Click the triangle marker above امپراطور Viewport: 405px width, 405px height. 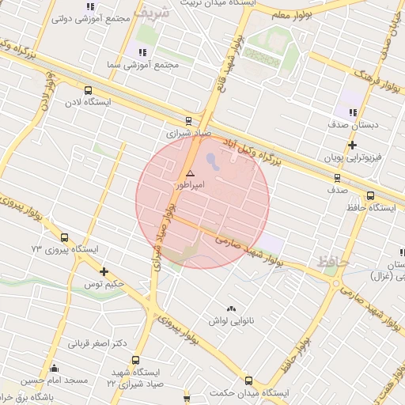(190, 172)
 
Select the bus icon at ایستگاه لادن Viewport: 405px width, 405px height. (87, 90)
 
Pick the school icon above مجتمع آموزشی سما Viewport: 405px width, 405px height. (142, 52)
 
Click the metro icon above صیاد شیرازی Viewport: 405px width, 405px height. (188, 121)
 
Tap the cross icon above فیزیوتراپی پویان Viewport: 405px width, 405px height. (353, 145)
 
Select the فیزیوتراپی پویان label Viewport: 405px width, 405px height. (354, 157)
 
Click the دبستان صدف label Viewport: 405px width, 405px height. (355, 124)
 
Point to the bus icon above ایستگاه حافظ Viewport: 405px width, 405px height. (370, 195)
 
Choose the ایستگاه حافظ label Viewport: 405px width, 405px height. (371, 207)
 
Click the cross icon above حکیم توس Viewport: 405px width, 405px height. (104, 271)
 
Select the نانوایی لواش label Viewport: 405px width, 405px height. (230, 320)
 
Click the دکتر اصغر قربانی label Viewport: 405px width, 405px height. (98, 343)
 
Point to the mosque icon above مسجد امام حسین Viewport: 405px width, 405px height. (55, 369)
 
